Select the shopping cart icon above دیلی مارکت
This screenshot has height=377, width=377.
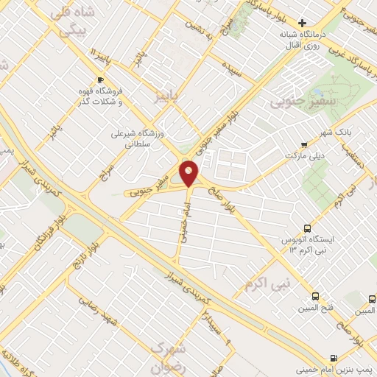click(x=305, y=145)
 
